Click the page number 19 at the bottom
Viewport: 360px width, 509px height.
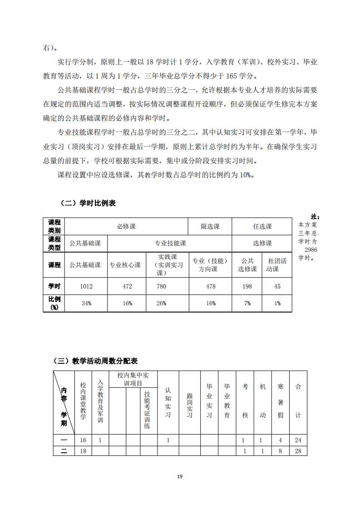pyautogui.click(x=180, y=476)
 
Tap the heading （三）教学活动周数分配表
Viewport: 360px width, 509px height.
pyautogui.click(x=95, y=361)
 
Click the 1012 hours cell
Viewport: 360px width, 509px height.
pyautogui.click(x=86, y=286)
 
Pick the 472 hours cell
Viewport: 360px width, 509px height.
pyautogui.click(x=127, y=286)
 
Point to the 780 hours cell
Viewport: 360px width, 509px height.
pyautogui.click(x=161, y=286)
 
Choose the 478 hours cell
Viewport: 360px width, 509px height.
pyautogui.click(x=211, y=286)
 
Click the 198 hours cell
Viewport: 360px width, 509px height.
pyautogui.click(x=247, y=286)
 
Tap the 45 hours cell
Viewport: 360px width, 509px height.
pyautogui.click(x=277, y=286)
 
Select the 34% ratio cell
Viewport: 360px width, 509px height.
pyautogui.click(x=86, y=303)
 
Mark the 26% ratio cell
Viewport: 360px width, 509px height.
pyautogui.click(x=161, y=303)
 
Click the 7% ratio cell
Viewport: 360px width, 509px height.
pyautogui.click(x=247, y=303)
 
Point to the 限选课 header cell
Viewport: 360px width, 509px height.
pyautogui.click(x=210, y=226)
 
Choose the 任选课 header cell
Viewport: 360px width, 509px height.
pyautogui.click(x=262, y=226)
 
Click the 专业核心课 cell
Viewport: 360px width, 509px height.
pyautogui.click(x=124, y=265)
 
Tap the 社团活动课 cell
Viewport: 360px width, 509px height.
pyautogui.click(x=277, y=265)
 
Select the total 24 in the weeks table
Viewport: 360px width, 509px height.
pyautogui.click(x=298, y=440)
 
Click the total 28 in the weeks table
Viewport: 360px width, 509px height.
pyautogui.click(x=298, y=451)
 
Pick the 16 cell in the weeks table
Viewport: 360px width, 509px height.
pyautogui.click(x=83, y=440)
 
